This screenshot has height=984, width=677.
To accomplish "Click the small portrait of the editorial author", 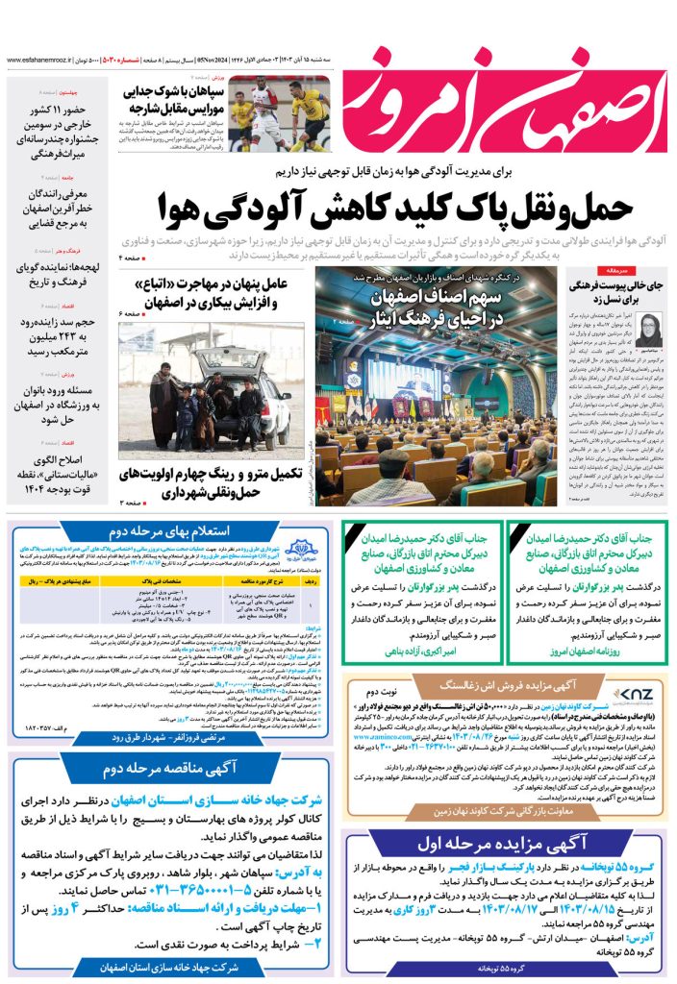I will pyautogui.click(x=646, y=331).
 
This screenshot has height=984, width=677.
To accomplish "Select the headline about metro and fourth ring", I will pyautogui.click(x=212, y=482).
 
